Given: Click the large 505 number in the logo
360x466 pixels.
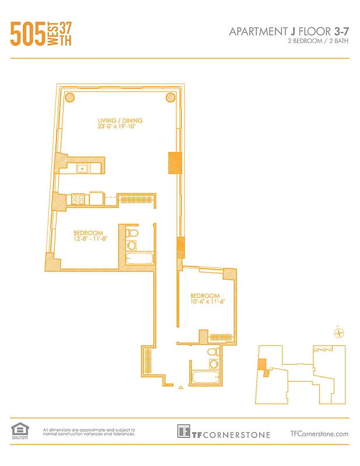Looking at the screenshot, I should [27, 33].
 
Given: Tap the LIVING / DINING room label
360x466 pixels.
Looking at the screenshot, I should [120, 121].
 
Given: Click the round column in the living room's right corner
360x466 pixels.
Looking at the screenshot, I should [170, 97].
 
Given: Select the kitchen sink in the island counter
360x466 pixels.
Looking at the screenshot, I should [83, 168].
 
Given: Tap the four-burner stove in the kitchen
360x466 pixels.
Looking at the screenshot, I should [79, 199].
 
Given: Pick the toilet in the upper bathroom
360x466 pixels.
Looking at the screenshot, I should [132, 233].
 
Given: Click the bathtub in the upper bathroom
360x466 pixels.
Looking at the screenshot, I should [139, 258].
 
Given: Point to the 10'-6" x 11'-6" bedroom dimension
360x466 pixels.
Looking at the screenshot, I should [207, 302].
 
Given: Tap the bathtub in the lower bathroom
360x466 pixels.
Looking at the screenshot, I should [206, 377].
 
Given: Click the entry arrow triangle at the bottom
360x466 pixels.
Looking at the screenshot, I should [181, 387].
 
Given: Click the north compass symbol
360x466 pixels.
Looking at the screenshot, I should [340, 333].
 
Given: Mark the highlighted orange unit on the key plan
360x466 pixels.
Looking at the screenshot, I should [263, 365].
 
